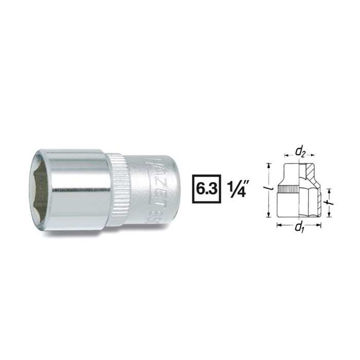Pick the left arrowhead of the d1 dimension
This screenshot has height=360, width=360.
(x=279, y=224)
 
